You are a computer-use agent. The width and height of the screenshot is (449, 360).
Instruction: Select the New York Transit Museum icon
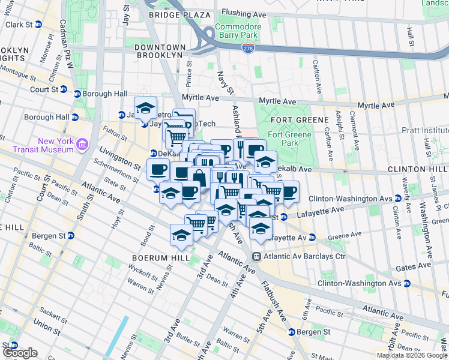pos(82,144)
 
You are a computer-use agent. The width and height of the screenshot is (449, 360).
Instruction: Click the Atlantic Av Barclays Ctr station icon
pos(256,257)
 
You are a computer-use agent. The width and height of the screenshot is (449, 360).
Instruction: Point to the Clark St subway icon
pos(38,25)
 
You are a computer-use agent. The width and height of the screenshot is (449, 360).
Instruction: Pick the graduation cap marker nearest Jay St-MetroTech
pos(145,108)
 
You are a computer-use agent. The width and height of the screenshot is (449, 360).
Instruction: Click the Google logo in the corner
pos(20,353)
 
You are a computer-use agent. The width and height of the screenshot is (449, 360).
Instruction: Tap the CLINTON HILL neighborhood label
pos(418,170)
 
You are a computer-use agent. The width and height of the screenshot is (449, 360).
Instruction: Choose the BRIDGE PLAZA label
pos(172,14)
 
